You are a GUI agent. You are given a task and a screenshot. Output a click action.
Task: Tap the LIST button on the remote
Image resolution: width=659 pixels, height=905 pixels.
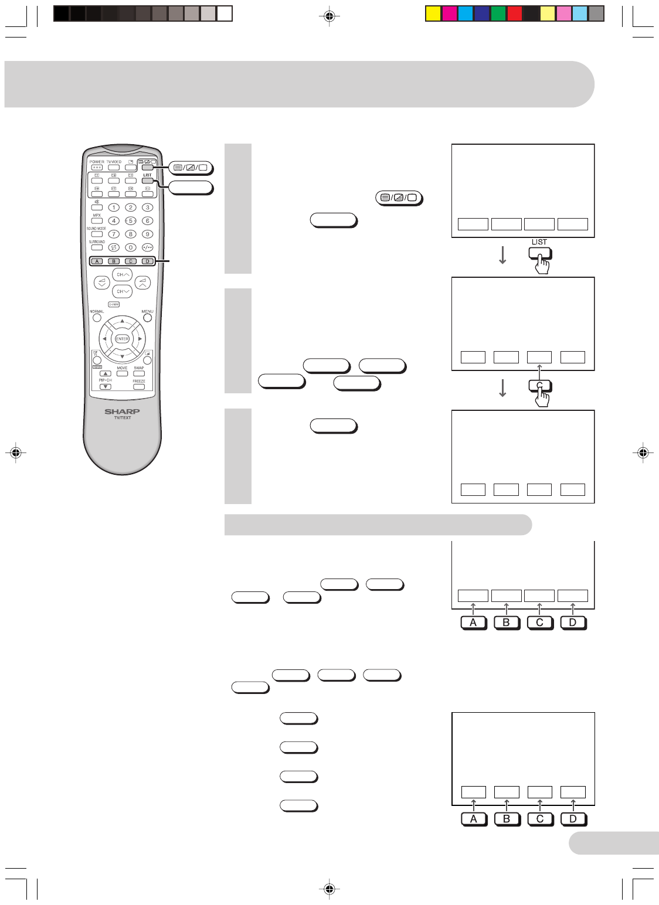click(147, 181)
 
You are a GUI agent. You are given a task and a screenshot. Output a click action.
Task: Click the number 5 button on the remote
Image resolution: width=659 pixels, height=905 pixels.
click(131, 221)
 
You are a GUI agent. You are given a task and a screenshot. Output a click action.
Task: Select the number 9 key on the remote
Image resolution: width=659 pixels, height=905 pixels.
click(148, 234)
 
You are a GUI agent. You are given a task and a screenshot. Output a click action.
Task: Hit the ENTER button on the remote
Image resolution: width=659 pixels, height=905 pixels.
click(122, 339)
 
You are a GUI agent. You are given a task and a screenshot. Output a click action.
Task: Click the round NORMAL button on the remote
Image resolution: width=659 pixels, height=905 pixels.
click(97, 318)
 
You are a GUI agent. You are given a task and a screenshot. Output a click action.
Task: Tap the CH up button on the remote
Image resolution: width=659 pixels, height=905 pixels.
click(122, 274)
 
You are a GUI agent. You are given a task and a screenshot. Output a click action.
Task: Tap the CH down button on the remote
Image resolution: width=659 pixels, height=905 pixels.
click(122, 291)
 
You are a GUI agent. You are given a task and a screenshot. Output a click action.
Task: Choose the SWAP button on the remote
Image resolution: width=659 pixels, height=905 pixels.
click(139, 373)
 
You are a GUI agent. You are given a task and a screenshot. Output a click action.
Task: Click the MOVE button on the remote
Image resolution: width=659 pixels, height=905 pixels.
click(122, 373)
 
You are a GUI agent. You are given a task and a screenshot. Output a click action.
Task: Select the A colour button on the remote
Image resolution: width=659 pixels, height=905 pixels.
click(97, 261)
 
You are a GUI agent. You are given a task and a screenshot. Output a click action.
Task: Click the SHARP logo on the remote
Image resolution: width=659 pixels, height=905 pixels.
click(122, 411)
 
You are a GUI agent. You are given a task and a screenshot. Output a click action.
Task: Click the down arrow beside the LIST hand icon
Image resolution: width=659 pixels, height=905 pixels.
click(502, 255)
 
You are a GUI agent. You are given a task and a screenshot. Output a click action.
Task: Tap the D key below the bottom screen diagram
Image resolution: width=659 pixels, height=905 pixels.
click(573, 819)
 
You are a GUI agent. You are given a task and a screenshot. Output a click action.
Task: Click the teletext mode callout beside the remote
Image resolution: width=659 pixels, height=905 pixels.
click(191, 168)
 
